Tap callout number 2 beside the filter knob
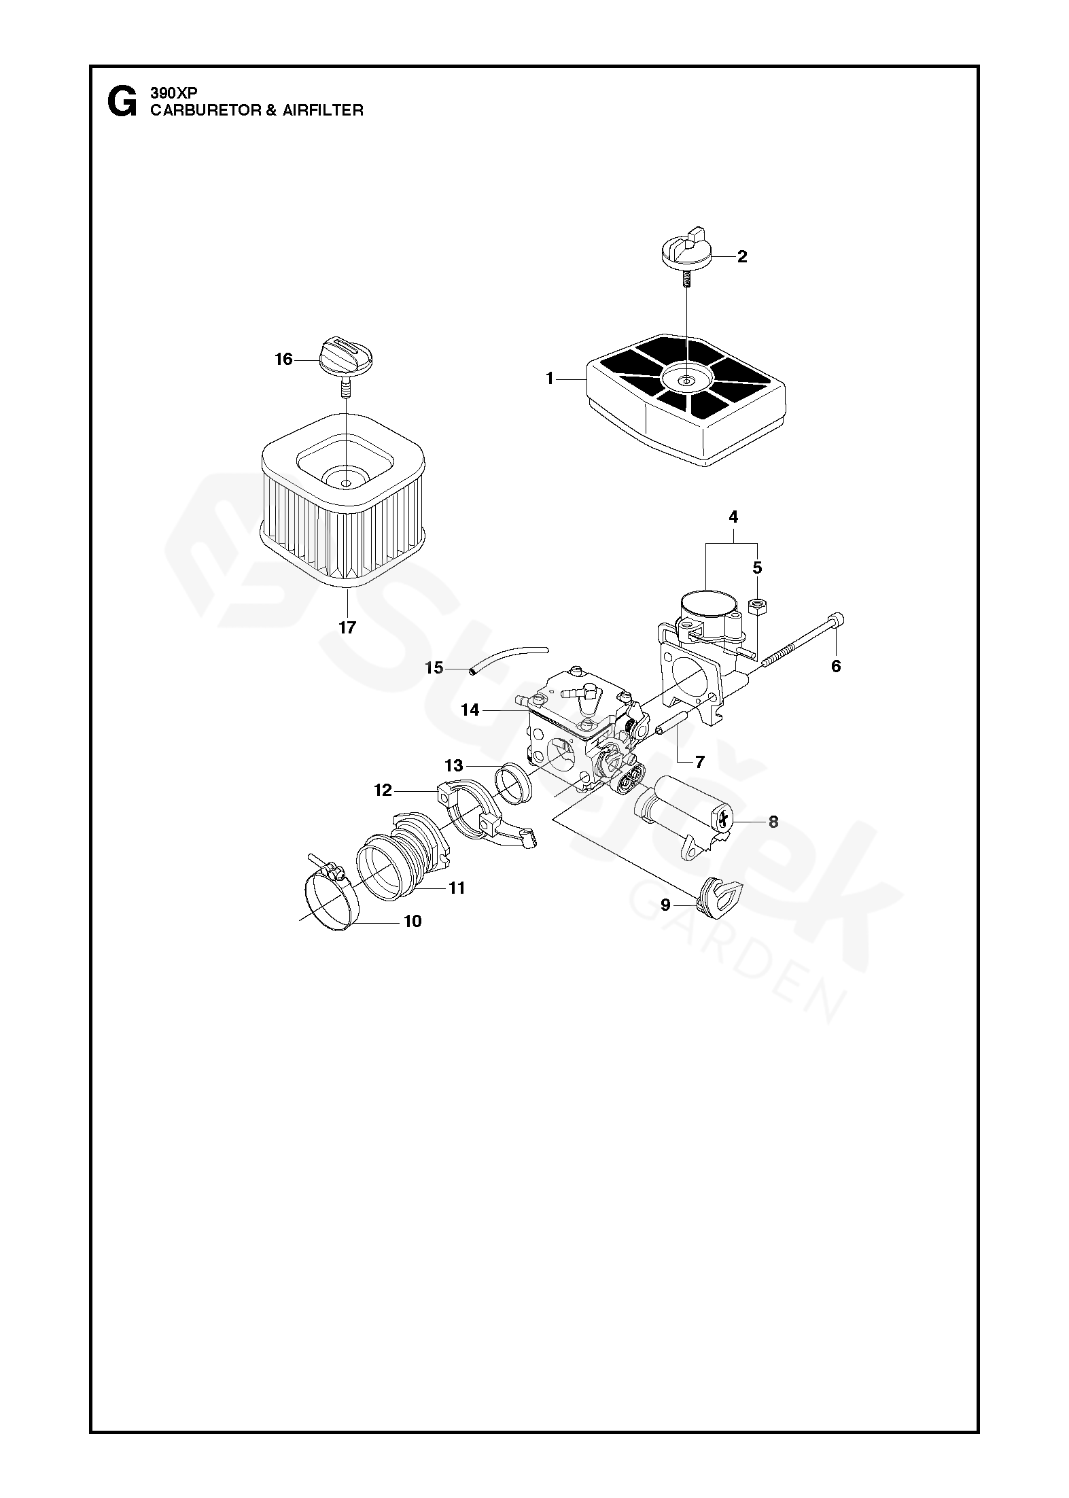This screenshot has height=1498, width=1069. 741,256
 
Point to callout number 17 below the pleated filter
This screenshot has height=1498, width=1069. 347,627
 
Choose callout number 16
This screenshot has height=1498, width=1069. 283,359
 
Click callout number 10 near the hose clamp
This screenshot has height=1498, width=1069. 413,921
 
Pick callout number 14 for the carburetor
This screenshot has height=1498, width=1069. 470,710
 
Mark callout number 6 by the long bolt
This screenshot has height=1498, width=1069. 836,666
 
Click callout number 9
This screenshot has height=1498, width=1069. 665,905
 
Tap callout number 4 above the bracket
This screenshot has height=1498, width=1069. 733,517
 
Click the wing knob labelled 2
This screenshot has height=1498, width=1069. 686,249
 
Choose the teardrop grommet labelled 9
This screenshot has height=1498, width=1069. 720,896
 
